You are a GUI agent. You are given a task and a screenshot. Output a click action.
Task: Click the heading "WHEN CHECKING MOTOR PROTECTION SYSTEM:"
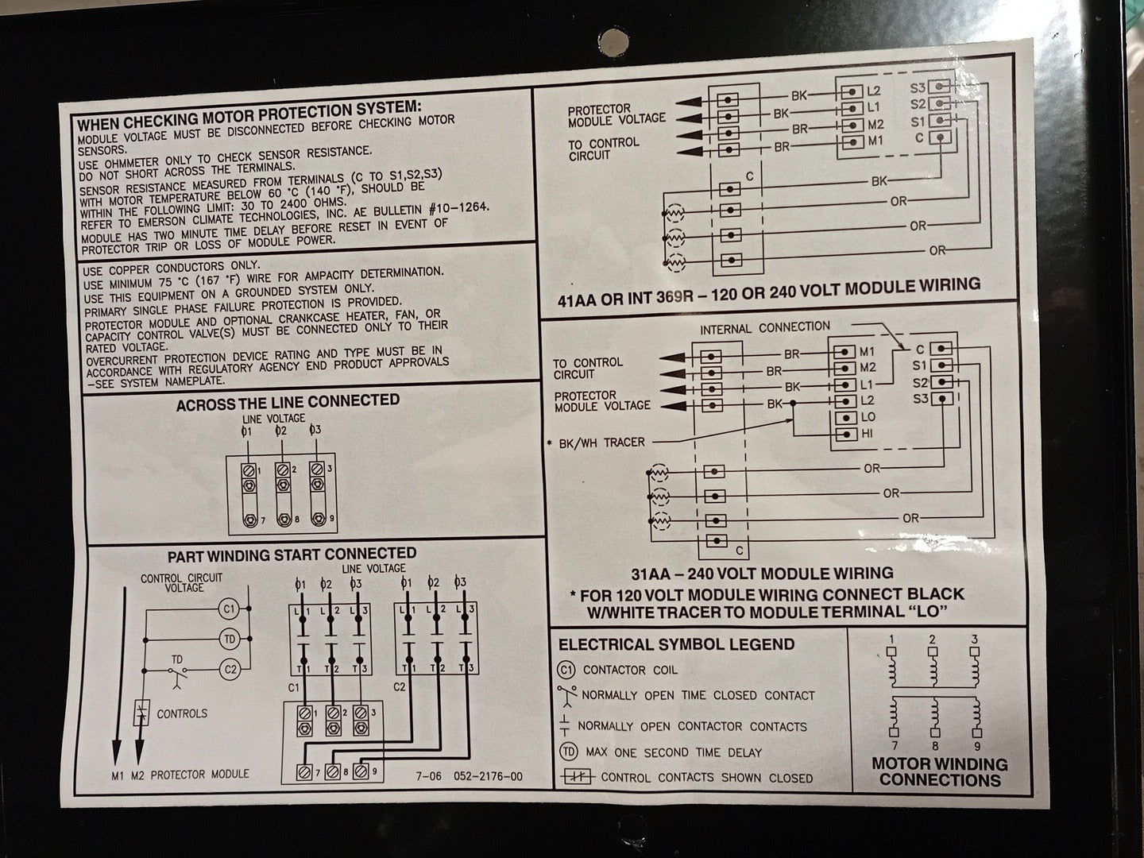pos(249,116)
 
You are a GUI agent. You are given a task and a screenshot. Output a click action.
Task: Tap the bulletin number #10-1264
pos(459,208)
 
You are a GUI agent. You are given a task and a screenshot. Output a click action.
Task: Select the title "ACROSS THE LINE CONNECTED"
pos(288,403)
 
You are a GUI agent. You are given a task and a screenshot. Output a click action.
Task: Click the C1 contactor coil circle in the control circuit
pos(230,609)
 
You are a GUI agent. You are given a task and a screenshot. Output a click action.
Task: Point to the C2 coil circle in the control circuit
pos(230,670)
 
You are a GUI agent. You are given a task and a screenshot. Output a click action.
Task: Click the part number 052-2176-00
pos(488,776)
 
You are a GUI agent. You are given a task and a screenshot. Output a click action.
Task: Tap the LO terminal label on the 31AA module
pos(868,417)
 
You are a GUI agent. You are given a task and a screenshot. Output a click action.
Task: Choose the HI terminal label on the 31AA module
pos(867,434)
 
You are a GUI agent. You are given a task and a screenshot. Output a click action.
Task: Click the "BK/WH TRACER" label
pos(601,443)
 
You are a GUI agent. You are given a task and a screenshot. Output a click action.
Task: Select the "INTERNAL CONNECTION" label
pos(764,328)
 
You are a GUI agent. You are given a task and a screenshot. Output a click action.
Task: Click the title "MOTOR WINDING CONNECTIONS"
pos(940,771)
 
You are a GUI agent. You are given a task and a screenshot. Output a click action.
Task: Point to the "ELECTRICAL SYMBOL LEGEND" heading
pos(677,644)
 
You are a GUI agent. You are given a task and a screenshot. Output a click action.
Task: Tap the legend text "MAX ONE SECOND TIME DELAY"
pos(674,753)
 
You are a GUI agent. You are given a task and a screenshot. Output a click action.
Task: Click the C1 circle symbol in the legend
pos(566,670)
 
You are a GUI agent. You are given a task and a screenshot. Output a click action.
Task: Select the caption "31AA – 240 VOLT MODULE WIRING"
pos(762,574)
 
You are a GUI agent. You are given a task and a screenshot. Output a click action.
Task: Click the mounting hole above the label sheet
pos(613,42)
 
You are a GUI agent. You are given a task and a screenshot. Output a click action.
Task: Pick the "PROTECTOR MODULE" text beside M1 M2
pos(199,775)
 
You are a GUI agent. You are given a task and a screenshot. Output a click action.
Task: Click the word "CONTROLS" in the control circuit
pos(182,713)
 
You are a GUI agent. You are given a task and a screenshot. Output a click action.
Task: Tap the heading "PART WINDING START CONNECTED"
pos(292,555)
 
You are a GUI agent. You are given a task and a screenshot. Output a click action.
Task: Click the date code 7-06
pos(428,776)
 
